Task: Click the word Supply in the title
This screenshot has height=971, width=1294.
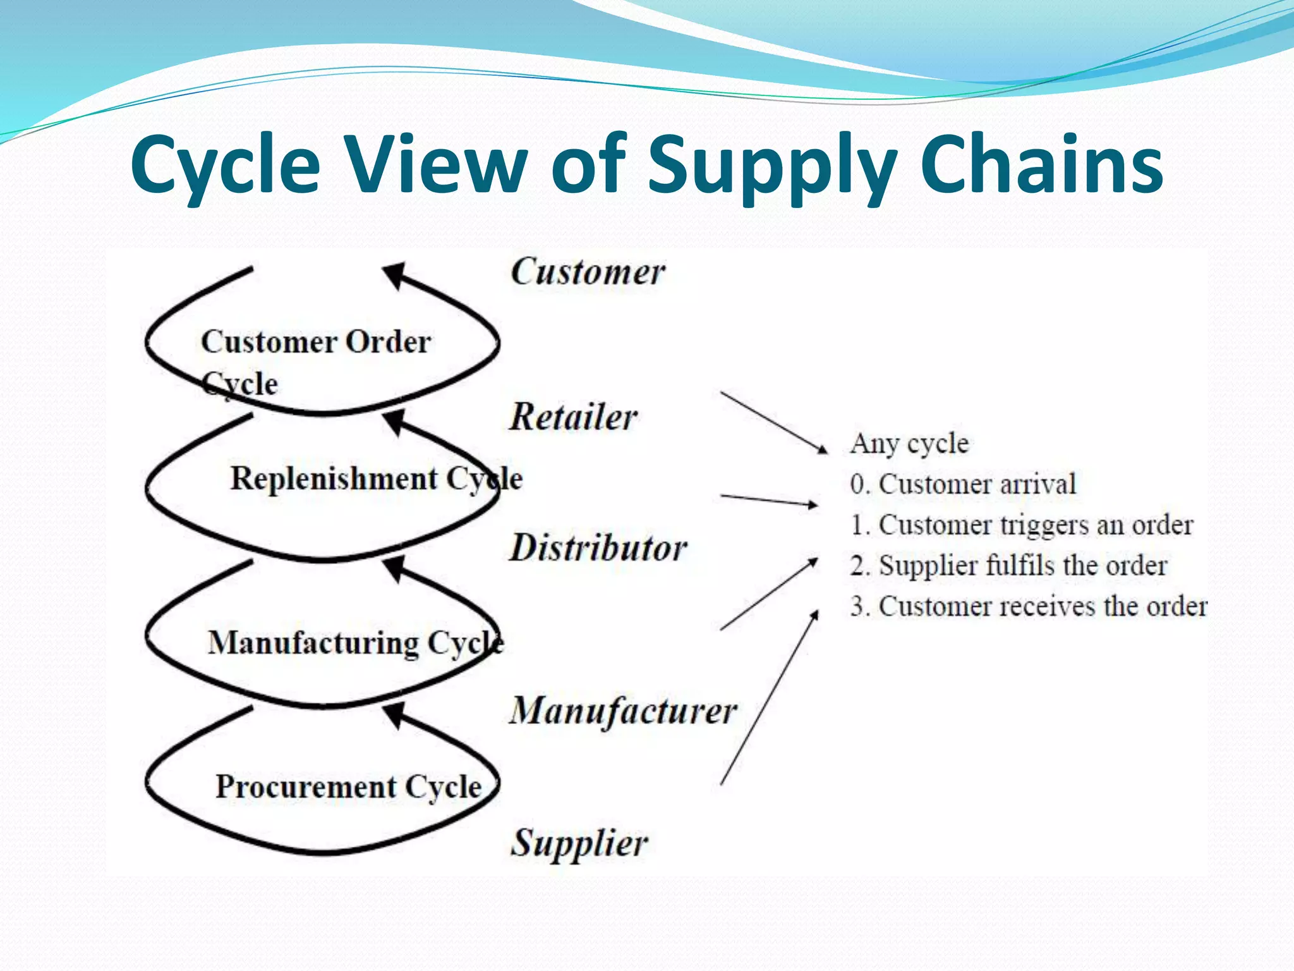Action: (772, 166)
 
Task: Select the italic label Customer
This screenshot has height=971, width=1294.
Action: (587, 272)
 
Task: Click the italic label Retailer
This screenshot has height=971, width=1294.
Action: (573, 417)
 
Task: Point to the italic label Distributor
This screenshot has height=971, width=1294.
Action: (598, 547)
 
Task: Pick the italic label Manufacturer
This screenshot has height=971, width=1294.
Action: (623, 711)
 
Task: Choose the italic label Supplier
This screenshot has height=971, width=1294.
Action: (579, 843)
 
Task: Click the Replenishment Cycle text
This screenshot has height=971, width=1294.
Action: (376, 479)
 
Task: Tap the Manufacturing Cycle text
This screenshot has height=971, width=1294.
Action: (355, 643)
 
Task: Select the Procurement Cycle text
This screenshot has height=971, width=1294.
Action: (348, 787)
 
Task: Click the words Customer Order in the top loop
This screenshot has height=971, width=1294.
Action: (316, 342)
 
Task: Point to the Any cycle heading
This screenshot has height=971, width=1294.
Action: (909, 443)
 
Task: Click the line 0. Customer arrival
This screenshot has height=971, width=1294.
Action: (962, 484)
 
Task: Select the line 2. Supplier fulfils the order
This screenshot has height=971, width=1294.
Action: (1008, 566)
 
